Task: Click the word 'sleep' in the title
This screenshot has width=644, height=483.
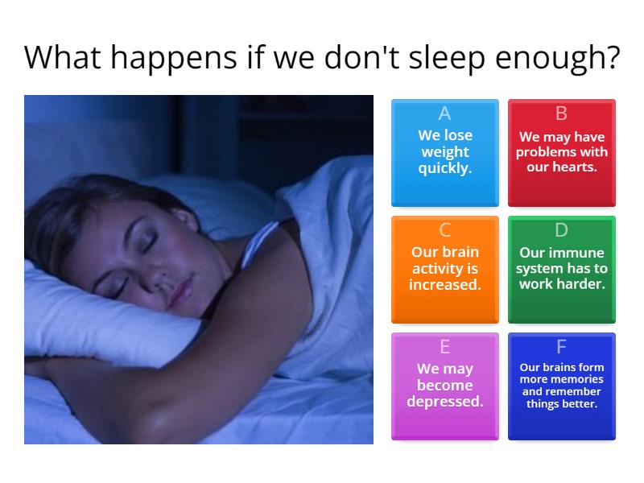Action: [448, 58]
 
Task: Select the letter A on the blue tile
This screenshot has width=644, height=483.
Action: [445, 114]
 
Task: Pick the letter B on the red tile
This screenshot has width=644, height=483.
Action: [561, 114]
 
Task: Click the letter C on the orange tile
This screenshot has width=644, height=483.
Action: [445, 230]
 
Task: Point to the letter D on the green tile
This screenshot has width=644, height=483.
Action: [561, 230]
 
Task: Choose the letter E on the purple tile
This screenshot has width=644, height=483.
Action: [445, 347]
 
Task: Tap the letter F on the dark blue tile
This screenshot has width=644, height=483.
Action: [561, 347]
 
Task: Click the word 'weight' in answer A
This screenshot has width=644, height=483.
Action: [445, 153]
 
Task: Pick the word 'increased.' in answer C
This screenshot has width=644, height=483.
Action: [445, 284]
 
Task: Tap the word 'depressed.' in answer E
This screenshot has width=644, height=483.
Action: [445, 402]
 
